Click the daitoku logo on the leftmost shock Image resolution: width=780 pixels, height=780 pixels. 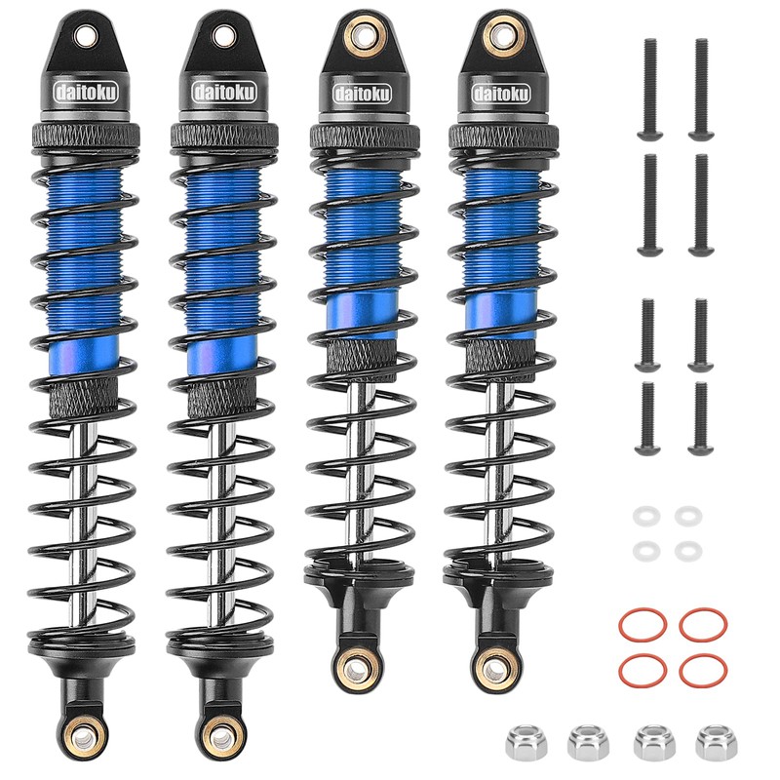point(86,93)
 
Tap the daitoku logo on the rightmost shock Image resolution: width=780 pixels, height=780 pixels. point(501,94)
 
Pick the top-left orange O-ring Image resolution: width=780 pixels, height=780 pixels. point(643,623)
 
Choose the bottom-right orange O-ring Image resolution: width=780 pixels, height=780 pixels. point(703,669)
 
